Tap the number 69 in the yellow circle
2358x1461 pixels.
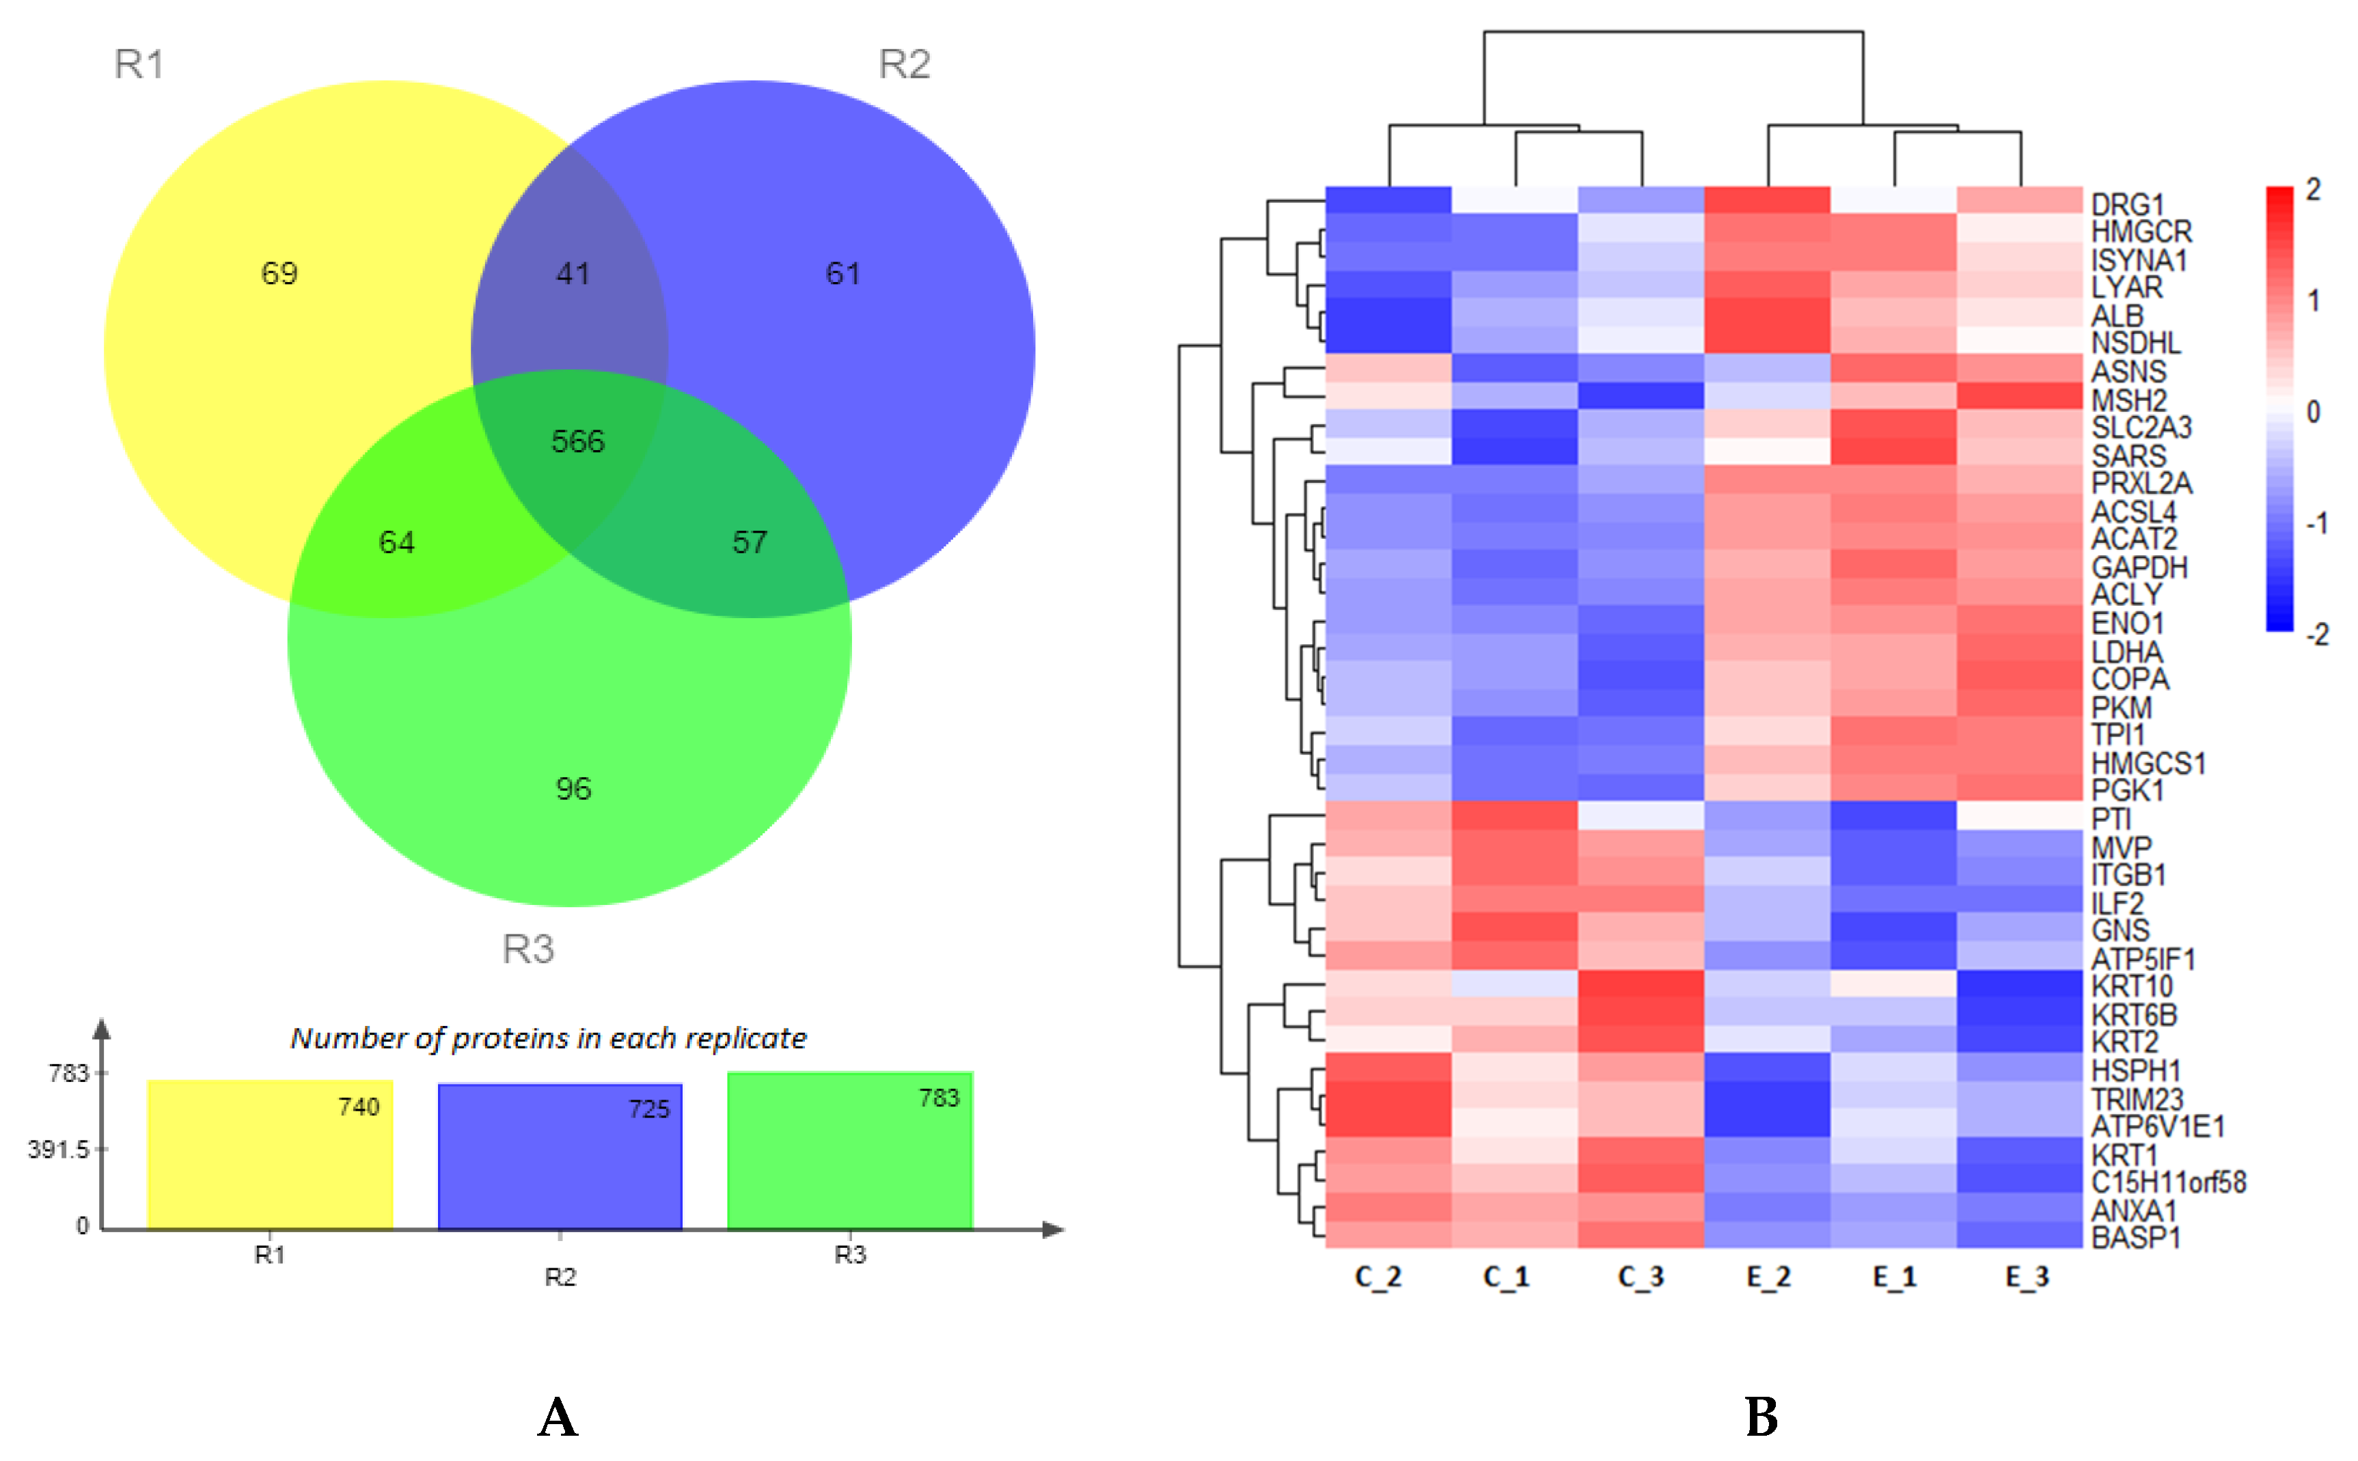coord(279,273)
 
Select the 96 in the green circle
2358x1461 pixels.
coord(573,788)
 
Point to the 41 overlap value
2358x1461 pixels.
coord(573,273)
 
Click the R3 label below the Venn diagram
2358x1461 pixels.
coord(527,949)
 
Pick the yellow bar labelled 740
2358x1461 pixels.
coord(270,1155)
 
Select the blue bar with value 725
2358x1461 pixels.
coord(560,1156)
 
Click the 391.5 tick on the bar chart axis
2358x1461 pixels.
coord(58,1149)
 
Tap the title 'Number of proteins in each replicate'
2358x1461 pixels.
coord(548,1038)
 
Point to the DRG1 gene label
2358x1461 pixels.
coord(2127,205)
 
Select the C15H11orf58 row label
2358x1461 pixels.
coord(2167,1182)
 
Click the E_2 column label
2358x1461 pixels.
coord(1768,1277)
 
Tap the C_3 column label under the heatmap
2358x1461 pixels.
coord(1640,1277)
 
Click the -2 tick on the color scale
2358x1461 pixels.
coord(2316,635)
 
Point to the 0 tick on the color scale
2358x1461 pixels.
coord(2313,412)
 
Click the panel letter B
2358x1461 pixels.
coord(1761,1417)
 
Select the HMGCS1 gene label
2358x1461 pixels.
coord(2148,764)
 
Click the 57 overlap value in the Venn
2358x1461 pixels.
coord(750,542)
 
